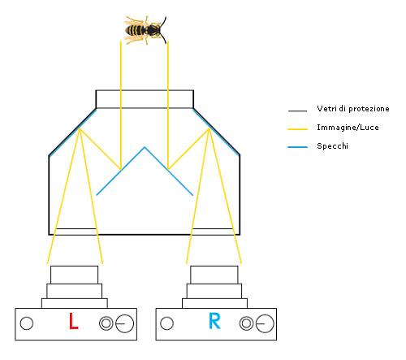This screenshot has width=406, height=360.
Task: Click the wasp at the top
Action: click(x=145, y=30)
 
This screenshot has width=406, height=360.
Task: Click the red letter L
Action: click(x=73, y=321)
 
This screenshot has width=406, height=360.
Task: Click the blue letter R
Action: click(x=214, y=321)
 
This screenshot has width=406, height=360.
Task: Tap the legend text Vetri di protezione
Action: click(x=353, y=109)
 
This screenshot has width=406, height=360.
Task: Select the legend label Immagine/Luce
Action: click(x=348, y=128)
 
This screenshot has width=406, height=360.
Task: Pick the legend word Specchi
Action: click(x=332, y=146)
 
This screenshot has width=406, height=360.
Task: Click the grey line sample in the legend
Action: click(x=297, y=111)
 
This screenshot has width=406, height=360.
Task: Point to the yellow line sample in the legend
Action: click(x=297, y=129)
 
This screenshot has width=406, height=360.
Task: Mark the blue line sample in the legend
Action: click(x=297, y=147)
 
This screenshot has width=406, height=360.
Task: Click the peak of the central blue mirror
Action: click(x=145, y=147)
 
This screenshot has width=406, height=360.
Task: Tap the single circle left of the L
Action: click(x=27, y=323)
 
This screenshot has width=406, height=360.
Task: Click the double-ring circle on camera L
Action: click(x=106, y=323)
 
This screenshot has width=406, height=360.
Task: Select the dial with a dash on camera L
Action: click(x=125, y=323)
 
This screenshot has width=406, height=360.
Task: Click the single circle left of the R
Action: click(x=166, y=323)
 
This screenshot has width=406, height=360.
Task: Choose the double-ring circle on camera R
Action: click(x=246, y=323)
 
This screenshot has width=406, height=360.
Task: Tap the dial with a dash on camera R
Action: click(x=265, y=323)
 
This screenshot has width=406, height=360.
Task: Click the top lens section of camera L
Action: click(x=74, y=275)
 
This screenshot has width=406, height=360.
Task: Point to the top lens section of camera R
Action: click(x=214, y=275)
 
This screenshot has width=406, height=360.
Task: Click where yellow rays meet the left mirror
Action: click(x=80, y=128)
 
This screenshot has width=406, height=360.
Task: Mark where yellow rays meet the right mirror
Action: click(x=209, y=128)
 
